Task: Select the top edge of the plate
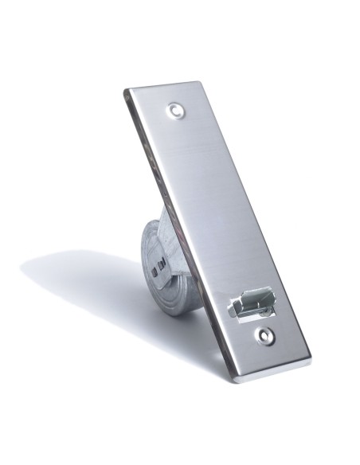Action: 162,85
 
